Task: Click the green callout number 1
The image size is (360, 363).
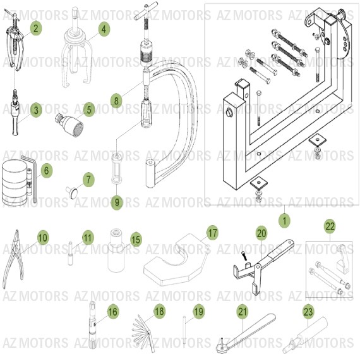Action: coord(284,221)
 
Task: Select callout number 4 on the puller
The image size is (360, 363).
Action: coord(104,28)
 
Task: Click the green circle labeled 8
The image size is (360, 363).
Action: coord(115,100)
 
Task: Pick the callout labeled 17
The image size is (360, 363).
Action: coord(212,233)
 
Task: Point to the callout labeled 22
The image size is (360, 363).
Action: coord(330,226)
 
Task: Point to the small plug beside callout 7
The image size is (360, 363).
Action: coord(74,188)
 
